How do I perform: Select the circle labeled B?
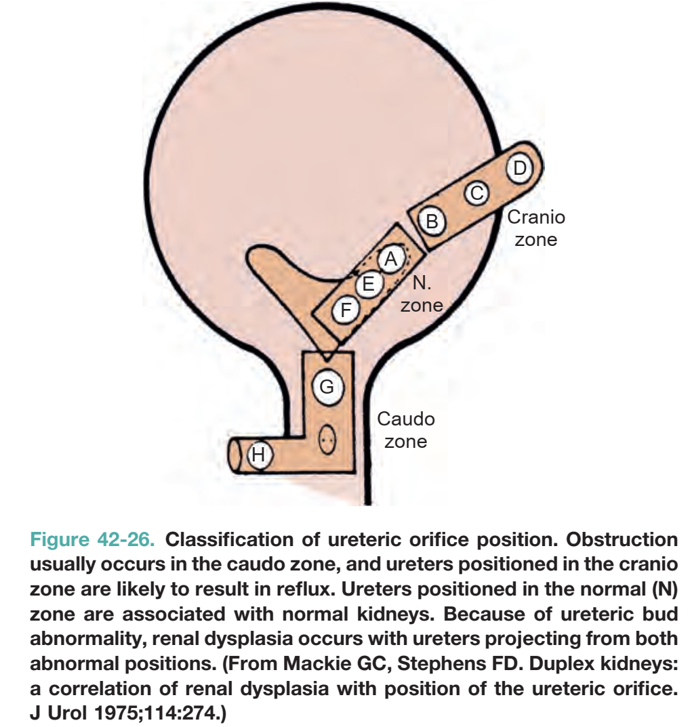432,221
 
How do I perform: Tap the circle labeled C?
477,192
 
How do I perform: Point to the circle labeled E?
368,283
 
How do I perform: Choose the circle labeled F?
346,309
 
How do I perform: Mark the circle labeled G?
327,387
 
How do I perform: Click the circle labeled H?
259,455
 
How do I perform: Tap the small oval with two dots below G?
327,439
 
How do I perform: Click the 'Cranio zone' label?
536,228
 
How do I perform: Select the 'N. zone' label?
422,294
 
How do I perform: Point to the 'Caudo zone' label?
406,430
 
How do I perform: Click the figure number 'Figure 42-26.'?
92,540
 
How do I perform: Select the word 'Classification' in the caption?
229,540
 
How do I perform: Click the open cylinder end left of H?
236,457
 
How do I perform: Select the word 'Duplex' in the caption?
561,664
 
